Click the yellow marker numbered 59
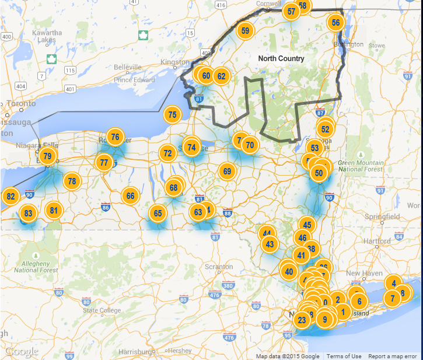[x=245, y=31]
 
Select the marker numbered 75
[x=172, y=115]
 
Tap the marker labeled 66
[x=130, y=196]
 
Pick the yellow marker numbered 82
[x=11, y=197]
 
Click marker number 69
[x=227, y=172]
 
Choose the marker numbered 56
[x=335, y=23]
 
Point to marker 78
[x=71, y=181]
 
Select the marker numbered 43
[x=269, y=244]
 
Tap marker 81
[x=54, y=211]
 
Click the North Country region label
[x=281, y=59]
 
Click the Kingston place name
[x=174, y=62]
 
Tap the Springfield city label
[x=382, y=216]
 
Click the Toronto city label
[x=22, y=103]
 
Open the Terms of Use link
[x=344, y=356]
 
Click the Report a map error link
[x=392, y=356]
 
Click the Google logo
[x=22, y=352]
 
